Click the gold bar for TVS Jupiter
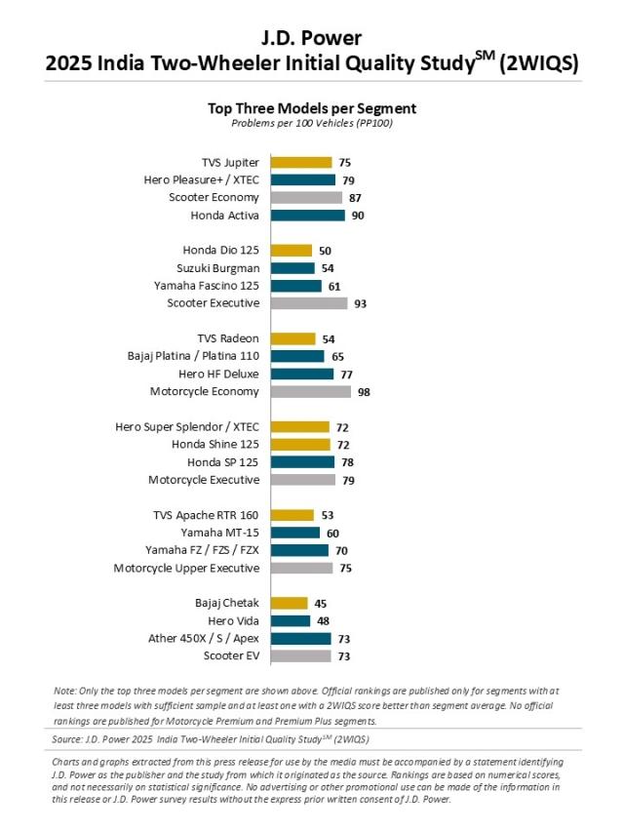[x=301, y=163]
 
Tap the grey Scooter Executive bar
[x=309, y=303]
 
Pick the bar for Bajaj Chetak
[x=290, y=603]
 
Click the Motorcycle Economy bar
[x=311, y=391]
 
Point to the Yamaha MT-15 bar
[x=295, y=533]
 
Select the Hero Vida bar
[x=291, y=620]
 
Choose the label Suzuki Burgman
[x=218, y=268]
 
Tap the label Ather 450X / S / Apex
[x=203, y=638]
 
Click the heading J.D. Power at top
[x=312, y=39]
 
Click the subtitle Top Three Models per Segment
[x=312, y=108]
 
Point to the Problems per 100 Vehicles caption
[x=312, y=124]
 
